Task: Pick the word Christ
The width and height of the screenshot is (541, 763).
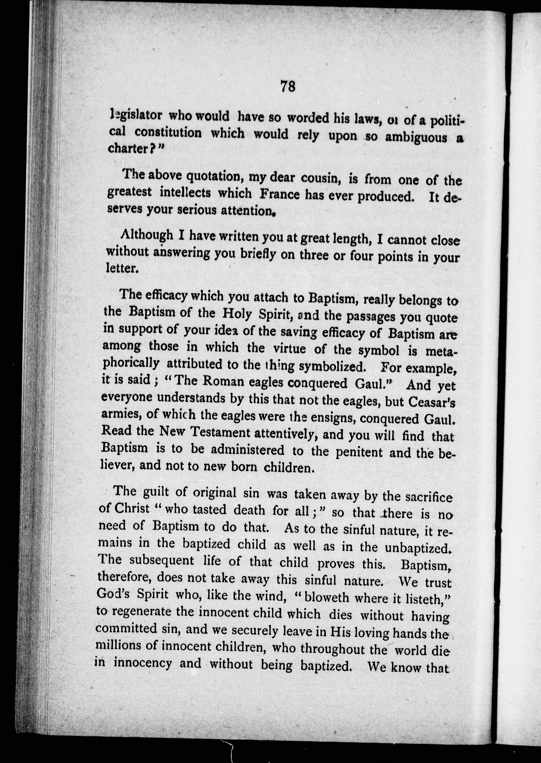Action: tap(132, 508)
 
